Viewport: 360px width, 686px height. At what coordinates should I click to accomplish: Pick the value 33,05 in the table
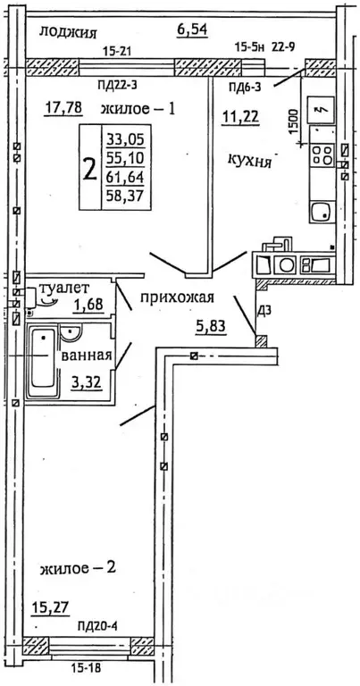(x=123, y=138)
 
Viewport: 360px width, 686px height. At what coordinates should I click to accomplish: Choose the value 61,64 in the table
(x=123, y=182)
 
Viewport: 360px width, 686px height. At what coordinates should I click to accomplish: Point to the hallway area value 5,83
(x=210, y=327)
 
